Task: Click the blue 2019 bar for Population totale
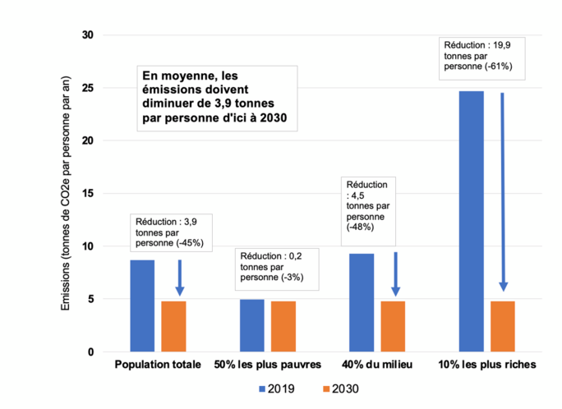[x=142, y=306]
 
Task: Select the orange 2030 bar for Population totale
[x=173, y=326]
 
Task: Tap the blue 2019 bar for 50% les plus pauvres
[x=251, y=325]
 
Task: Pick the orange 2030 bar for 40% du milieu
[x=393, y=326]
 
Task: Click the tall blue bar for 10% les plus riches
[x=471, y=221]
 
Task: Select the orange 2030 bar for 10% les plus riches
[x=502, y=326]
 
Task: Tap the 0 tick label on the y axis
[x=91, y=352]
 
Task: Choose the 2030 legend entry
[x=338, y=389]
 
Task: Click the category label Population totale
[x=157, y=364]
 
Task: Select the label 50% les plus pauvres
[x=267, y=364]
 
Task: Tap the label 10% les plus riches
[x=487, y=364]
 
